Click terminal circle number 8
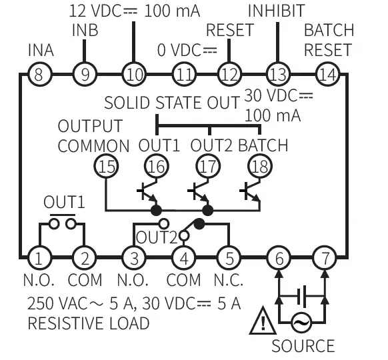tap(39, 74)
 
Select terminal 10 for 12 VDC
tap(134, 74)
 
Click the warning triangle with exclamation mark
tap(263, 323)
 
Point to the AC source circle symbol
tap(302, 323)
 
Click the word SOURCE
tap(303, 345)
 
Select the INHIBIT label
tap(276, 11)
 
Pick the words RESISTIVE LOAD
tap(88, 324)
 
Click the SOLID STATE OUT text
tap(172, 103)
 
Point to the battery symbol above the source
tap(302, 293)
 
